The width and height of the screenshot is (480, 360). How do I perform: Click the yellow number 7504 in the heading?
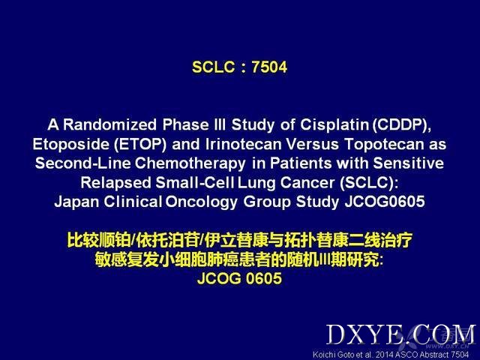click(269, 67)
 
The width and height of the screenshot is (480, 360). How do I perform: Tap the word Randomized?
click(110, 124)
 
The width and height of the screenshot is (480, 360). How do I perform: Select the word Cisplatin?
click(334, 125)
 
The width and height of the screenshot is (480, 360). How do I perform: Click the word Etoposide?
click(70, 144)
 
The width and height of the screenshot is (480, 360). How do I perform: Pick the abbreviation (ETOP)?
click(140, 144)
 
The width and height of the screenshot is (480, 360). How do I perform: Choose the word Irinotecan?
click(243, 144)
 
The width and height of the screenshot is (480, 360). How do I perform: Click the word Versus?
click(312, 144)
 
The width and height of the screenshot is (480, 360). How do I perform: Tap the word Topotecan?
click(384, 145)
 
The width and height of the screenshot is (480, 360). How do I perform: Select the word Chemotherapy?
click(190, 163)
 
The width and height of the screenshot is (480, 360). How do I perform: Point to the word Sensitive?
click(408, 163)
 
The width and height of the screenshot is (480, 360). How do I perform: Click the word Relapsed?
click(115, 183)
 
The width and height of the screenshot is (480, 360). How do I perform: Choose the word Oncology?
click(202, 202)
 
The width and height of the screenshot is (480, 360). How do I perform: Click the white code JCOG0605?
click(385, 202)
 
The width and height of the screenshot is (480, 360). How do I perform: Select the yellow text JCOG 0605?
click(239, 278)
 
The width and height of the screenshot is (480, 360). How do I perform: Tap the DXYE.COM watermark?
click(401, 334)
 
